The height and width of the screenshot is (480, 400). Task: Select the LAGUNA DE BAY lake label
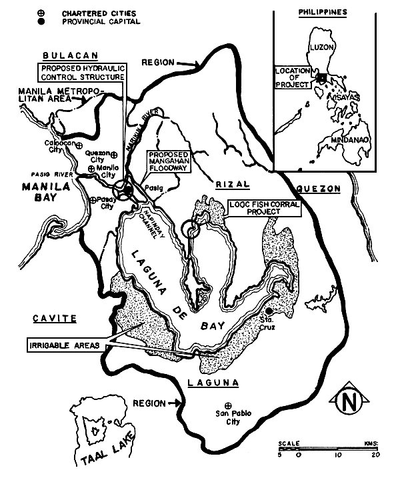click(x=173, y=287)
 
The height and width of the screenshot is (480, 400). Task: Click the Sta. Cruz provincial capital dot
click(x=268, y=311)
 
